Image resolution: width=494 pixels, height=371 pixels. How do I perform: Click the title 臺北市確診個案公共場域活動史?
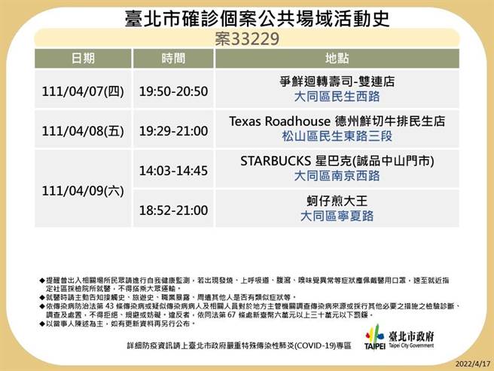tap(248, 17)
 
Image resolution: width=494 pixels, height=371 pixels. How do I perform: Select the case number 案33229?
tap(247, 37)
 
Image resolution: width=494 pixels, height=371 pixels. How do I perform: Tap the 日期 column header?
tap(83, 58)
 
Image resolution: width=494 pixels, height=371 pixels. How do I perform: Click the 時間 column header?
tap(172, 58)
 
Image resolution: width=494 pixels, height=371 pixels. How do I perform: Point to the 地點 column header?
tap(337, 58)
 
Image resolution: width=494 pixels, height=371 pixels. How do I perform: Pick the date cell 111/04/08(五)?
tap(84, 130)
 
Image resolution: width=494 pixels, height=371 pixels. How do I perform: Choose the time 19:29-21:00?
tap(172, 130)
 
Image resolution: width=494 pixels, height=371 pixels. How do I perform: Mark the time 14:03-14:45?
tap(172, 170)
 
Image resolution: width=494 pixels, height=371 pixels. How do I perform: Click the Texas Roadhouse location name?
tap(337, 121)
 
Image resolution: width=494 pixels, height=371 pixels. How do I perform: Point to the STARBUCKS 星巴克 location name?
tap(337, 161)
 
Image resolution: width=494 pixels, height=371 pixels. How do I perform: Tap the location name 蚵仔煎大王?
tap(337, 201)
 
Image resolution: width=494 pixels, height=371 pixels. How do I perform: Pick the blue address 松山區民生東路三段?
tap(337, 136)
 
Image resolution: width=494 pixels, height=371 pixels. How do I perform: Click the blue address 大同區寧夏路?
tap(337, 216)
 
